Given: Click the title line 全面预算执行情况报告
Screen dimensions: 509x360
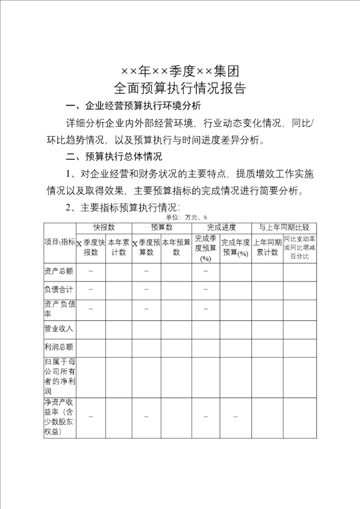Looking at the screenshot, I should coord(180,88).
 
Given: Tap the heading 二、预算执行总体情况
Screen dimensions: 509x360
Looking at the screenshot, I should coord(114,157).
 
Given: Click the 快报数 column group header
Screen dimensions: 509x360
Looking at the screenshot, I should coord(104,227).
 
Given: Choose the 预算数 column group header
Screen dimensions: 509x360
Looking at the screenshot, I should coord(161,227).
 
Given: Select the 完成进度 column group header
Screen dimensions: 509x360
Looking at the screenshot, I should coord(221,227).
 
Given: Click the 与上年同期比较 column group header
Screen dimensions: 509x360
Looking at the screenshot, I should coord(283,227).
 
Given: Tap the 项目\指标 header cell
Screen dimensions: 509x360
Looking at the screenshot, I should coord(60,242).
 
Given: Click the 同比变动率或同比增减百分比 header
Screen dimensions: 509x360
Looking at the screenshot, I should coord(299,247).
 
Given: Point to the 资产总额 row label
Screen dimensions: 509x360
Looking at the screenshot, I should coord(59,271).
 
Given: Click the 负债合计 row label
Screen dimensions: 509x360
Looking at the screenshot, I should coord(59,290).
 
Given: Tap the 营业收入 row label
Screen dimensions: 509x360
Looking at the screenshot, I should coord(59,328).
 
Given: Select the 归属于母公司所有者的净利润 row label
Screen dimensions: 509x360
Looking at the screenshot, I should coord(60,377).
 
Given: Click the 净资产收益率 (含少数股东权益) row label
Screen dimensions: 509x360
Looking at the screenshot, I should coord(60,417).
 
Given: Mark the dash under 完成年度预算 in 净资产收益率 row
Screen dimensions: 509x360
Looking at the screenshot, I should coord(235,417).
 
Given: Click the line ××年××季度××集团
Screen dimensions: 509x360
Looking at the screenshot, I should coord(180,70).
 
